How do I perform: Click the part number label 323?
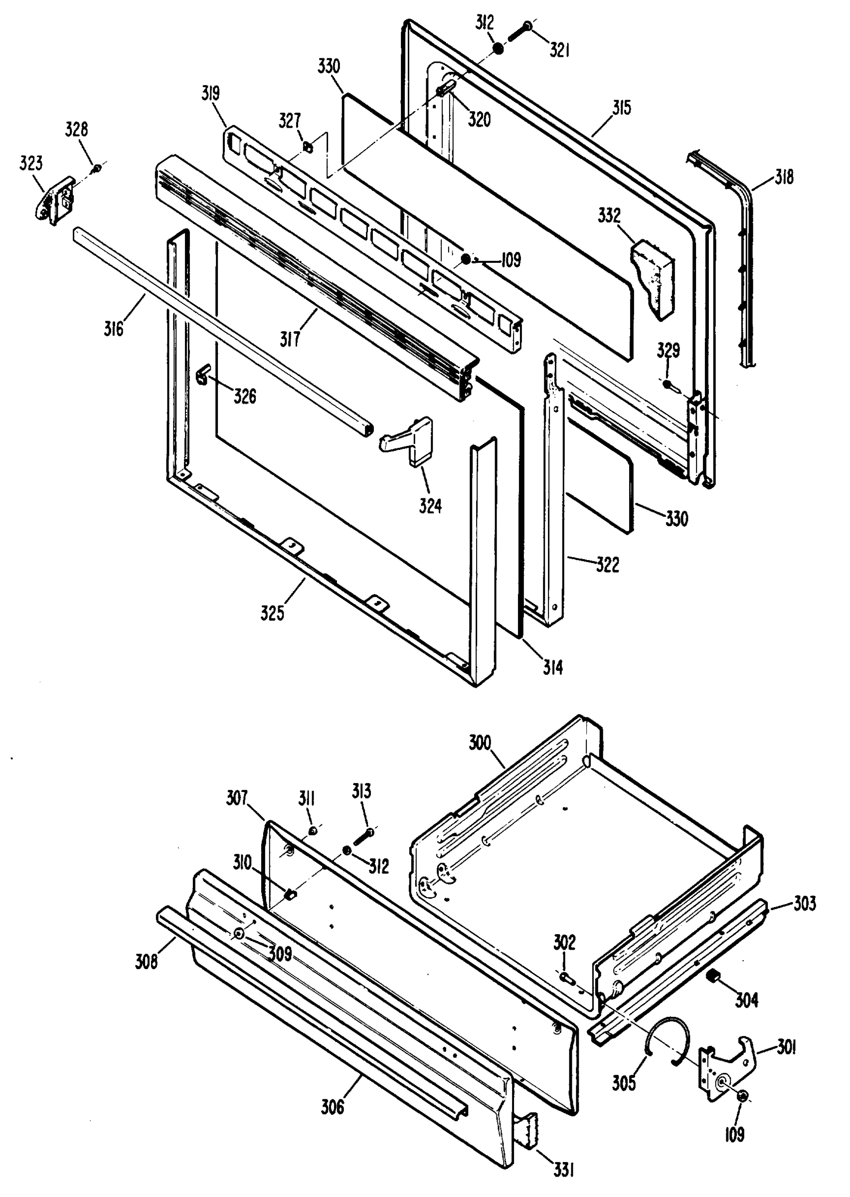[30, 164]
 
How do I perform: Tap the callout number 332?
[609, 216]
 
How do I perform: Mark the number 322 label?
[607, 565]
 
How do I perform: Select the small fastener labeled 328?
[96, 169]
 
